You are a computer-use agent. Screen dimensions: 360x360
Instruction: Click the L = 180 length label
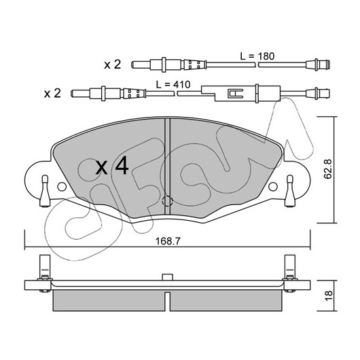click(x=257, y=56)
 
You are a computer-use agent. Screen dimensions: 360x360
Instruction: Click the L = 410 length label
click(x=173, y=85)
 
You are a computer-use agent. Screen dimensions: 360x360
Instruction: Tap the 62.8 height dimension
click(x=328, y=168)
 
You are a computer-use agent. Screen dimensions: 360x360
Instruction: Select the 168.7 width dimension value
click(x=168, y=241)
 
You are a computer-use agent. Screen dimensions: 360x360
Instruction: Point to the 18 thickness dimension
click(x=329, y=295)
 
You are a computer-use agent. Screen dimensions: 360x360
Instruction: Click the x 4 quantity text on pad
click(x=112, y=166)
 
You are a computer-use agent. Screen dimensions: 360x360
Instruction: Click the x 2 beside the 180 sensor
click(x=112, y=65)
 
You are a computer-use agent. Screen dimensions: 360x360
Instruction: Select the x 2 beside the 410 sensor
click(x=52, y=94)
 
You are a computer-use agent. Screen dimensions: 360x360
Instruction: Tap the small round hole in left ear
click(x=62, y=186)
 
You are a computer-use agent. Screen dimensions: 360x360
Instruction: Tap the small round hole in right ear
click(x=273, y=186)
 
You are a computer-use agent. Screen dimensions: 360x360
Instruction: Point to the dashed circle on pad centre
click(x=167, y=201)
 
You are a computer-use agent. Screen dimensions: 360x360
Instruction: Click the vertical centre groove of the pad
click(x=167, y=166)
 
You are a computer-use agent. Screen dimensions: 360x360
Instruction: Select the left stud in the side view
click(x=45, y=274)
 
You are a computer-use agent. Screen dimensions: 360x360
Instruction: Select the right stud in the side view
click(x=290, y=274)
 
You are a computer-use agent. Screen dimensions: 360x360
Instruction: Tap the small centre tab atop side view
click(x=167, y=277)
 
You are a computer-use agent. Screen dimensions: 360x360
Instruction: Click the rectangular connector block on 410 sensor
click(x=240, y=93)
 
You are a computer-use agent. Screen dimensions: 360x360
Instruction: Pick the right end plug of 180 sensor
click(x=318, y=65)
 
